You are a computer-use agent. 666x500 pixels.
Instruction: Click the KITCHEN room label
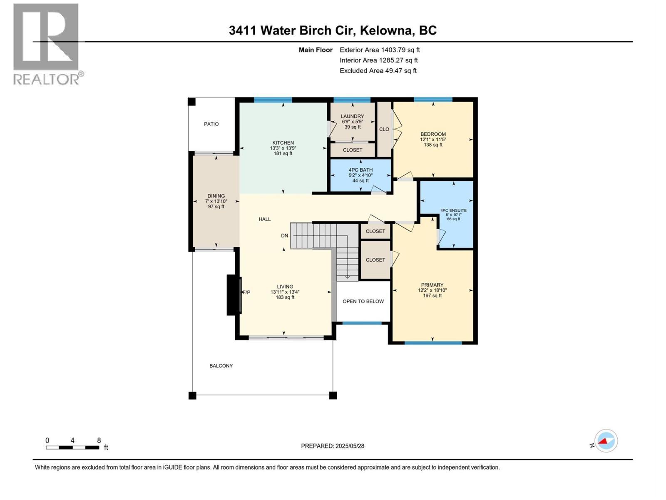[283, 143]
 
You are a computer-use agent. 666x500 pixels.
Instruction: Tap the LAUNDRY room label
[352, 116]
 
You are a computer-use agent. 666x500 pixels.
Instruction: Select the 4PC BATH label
[360, 170]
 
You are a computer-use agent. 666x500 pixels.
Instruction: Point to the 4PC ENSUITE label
[453, 211]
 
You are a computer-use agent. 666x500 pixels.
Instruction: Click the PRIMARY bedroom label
[432, 285]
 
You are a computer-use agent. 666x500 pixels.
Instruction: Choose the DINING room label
[216, 196]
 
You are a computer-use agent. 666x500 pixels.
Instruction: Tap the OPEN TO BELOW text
[363, 301]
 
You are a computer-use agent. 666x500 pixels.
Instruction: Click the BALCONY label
[221, 366]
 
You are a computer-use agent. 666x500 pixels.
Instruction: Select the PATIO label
[211, 124]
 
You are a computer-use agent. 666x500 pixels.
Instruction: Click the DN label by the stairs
[284, 236]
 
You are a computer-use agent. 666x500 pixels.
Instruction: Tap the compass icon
[606, 441]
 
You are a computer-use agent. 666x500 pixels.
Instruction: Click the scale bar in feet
[72, 447]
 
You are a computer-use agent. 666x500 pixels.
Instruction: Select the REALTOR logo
[47, 44]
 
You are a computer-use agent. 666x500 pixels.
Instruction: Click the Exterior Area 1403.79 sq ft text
[380, 50]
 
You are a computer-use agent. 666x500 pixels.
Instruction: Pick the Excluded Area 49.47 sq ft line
[378, 71]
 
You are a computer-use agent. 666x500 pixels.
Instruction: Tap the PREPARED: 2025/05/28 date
[333, 446]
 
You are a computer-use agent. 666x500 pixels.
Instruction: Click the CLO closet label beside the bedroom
[384, 129]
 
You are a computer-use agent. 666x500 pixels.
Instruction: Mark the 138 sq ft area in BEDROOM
[433, 145]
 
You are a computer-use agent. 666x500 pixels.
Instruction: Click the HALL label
[264, 219]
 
